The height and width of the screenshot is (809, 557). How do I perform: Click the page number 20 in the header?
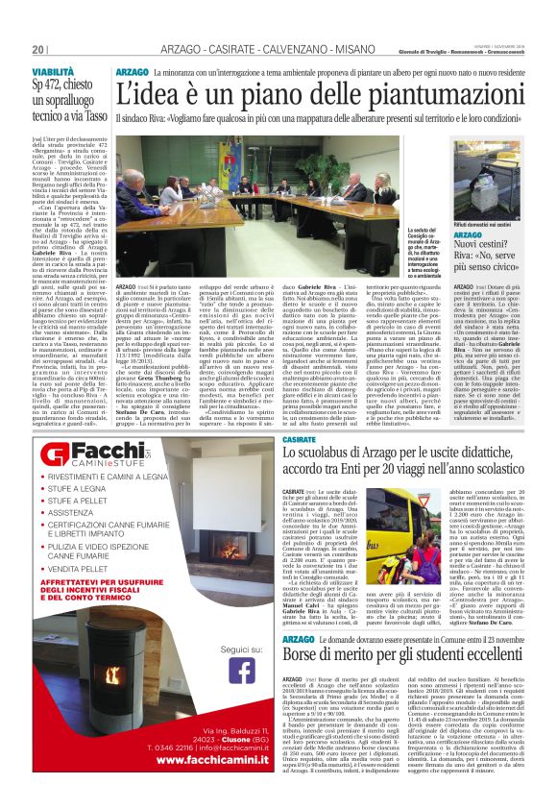point(38,49)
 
